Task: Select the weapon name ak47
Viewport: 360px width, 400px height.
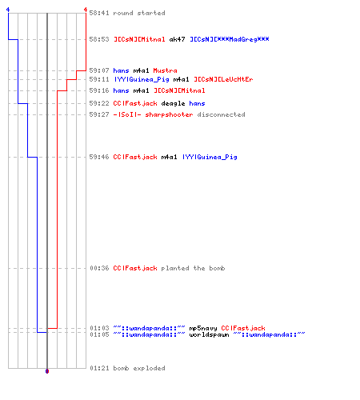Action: pos(177,39)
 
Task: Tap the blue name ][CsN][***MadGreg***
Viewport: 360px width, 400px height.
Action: pos(230,39)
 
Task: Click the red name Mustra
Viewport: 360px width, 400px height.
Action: pos(165,70)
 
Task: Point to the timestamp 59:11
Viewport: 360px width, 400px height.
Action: pos(99,79)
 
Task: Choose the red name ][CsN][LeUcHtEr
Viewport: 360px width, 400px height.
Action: pos(223,79)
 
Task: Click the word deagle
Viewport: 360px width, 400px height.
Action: pos(173,103)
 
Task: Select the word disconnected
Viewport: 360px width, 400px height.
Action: pos(221,114)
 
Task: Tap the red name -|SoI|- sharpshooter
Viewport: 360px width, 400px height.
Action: pos(153,114)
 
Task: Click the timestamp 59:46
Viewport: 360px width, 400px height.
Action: pos(99,157)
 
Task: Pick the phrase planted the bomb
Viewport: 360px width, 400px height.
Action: pos(193,268)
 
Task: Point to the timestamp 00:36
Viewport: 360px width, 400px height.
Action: pos(99,268)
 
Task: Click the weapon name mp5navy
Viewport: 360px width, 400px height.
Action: pos(203,328)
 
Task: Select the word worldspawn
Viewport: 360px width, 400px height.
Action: pos(209,334)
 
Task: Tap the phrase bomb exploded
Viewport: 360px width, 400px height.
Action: pos(139,368)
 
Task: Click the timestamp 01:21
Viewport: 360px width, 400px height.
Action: pos(99,368)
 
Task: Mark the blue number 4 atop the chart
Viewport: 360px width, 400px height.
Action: pos(8,10)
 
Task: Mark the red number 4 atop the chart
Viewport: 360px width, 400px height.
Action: pos(86,10)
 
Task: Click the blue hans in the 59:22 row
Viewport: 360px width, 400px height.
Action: pos(197,103)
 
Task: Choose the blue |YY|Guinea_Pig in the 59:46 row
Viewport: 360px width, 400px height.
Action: pos(210,157)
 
